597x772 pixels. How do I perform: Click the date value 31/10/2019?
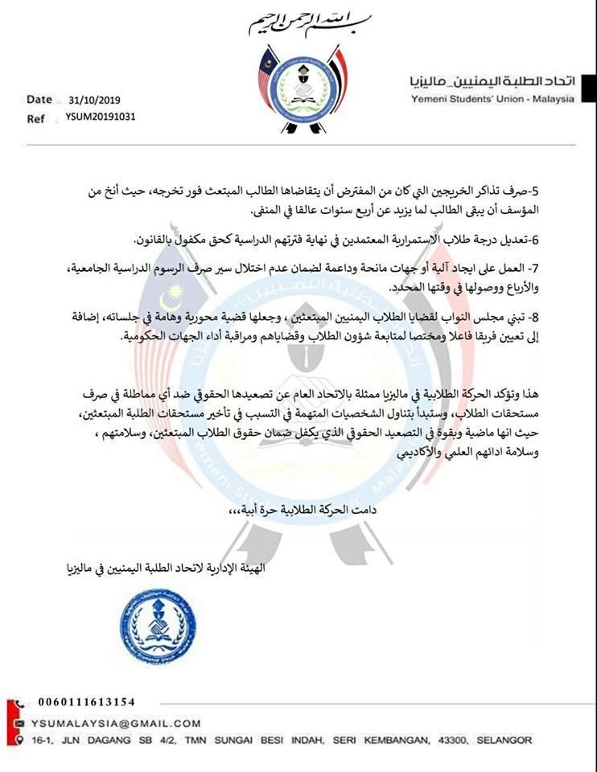(x=93, y=101)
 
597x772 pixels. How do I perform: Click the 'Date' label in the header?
(x=39, y=101)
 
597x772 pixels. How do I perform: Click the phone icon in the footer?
(x=19, y=702)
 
